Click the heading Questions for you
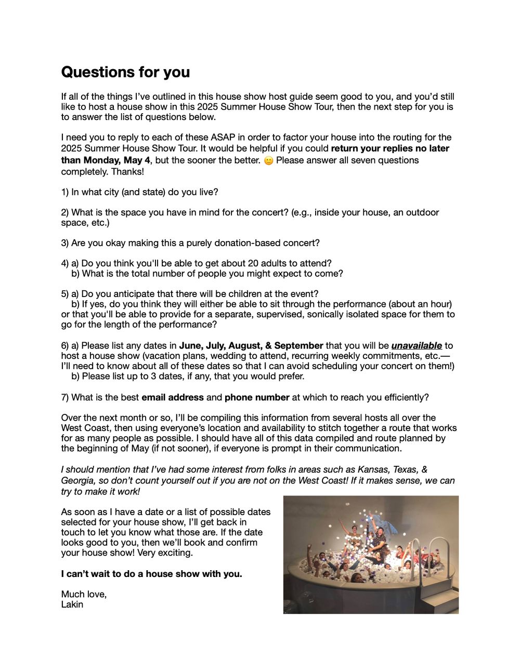pos(125,72)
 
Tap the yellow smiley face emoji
pos(268,160)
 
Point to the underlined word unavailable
pos(417,345)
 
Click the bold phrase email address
pos(173,397)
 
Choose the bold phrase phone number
pos(257,397)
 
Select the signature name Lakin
pos(72,604)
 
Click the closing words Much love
pos(83,594)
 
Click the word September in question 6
pos(298,345)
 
